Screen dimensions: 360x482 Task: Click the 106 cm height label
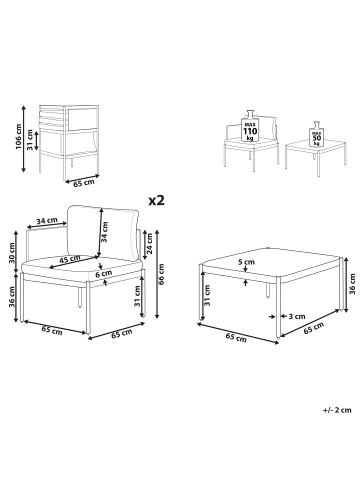[x=18, y=137]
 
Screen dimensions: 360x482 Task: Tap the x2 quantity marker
[x=156, y=200]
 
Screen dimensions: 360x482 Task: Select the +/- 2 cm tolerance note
[x=337, y=410]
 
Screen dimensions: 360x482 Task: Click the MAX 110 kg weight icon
[x=250, y=127]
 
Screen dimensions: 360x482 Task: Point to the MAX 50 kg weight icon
[x=316, y=134]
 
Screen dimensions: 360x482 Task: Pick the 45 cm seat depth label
[x=70, y=259]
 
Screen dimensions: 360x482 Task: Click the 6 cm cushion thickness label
[x=104, y=273]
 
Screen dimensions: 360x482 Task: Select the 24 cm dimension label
[x=149, y=244]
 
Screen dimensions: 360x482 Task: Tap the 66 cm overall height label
[x=162, y=274]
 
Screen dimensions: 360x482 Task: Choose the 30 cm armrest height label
[x=12, y=252]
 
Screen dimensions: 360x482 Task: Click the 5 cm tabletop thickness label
[x=246, y=262]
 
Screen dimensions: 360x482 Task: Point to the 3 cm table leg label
[x=297, y=316]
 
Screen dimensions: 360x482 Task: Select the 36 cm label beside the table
[x=352, y=284]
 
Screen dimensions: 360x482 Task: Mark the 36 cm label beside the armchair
[x=12, y=297]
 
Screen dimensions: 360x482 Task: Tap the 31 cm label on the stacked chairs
[x=31, y=140]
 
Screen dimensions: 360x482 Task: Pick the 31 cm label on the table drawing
[x=207, y=295]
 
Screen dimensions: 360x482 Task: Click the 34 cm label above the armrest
[x=47, y=221]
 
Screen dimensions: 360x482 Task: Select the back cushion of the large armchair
[x=103, y=234]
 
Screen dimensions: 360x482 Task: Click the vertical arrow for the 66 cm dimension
[x=157, y=273]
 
